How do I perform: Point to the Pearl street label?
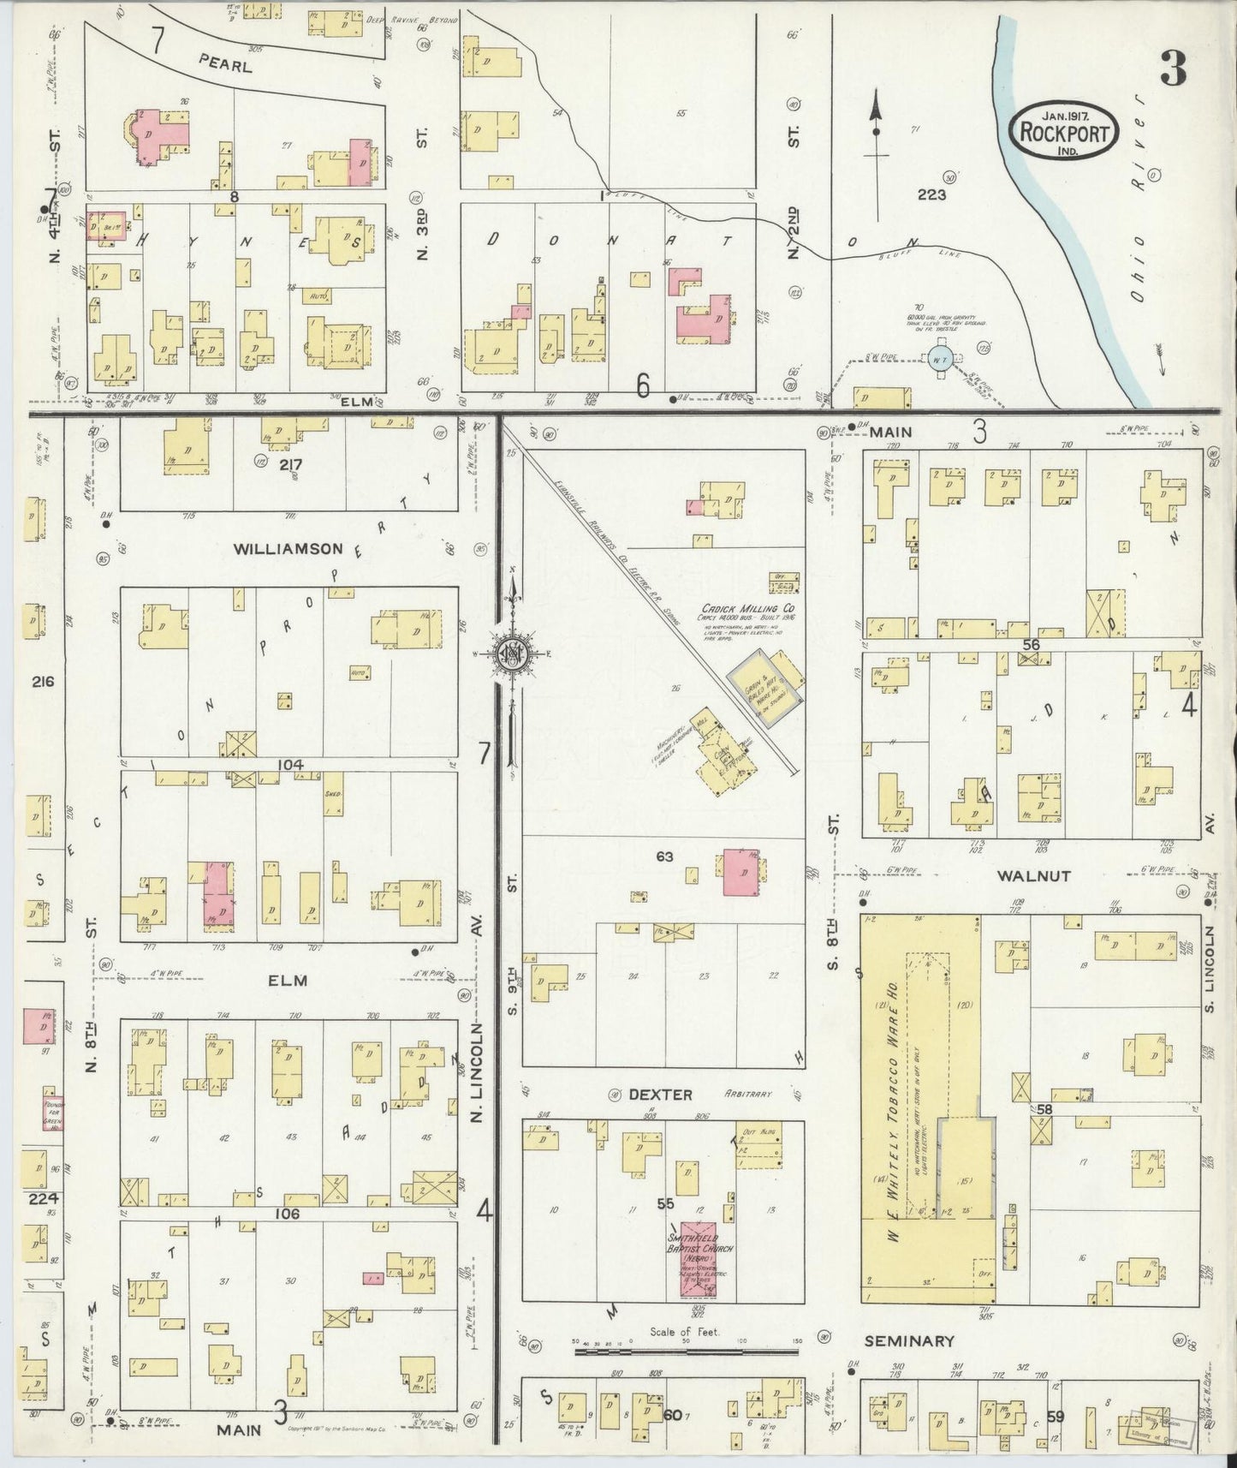tap(225, 63)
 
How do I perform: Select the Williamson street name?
tap(288, 549)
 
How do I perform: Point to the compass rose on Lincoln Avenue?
tap(512, 655)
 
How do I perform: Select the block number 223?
tap(931, 194)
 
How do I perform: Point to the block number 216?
tap(42, 682)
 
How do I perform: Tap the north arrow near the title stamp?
tap(876, 128)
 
